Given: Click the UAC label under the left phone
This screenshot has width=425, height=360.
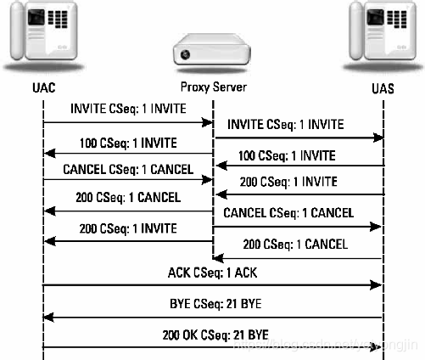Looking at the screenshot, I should (x=42, y=87).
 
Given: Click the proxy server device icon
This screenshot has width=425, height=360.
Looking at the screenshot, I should (x=212, y=53).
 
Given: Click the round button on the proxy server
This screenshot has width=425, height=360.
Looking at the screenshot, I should (x=184, y=56).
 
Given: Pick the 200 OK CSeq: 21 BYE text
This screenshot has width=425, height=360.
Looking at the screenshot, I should (x=212, y=333).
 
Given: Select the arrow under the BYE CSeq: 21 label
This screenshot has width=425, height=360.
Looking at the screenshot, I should (x=212, y=317).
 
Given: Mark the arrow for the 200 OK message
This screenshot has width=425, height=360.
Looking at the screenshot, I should (x=212, y=346).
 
